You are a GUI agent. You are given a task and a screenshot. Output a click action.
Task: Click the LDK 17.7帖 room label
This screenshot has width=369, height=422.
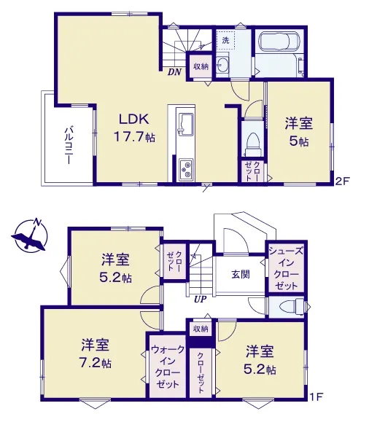[x=134, y=128]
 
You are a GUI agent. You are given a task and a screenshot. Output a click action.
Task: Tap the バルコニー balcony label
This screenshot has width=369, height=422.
[x=68, y=145]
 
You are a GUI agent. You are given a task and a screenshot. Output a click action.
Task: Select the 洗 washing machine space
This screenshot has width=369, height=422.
[x=226, y=40]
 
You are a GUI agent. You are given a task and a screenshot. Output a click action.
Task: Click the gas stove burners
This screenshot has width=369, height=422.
[x=186, y=170]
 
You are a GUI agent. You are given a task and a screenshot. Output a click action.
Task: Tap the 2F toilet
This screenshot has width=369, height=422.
[x=252, y=144]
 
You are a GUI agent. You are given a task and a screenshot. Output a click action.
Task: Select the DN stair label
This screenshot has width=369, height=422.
[x=174, y=72]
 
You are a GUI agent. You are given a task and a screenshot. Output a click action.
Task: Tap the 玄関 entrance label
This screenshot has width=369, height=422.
[x=241, y=274]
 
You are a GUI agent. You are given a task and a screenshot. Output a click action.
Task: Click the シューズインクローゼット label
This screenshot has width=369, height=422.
[x=286, y=268]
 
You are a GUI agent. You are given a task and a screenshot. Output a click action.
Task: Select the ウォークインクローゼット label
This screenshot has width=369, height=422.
[x=167, y=367]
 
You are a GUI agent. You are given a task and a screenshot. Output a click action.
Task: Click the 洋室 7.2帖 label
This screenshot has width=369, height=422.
[x=96, y=354]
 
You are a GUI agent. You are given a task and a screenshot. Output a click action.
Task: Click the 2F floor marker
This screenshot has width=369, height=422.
[x=342, y=181]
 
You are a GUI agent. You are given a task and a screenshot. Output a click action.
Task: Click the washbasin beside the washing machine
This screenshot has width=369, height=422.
[x=222, y=65]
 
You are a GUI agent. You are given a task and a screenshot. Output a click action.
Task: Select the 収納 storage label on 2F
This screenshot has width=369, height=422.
[x=201, y=66]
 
